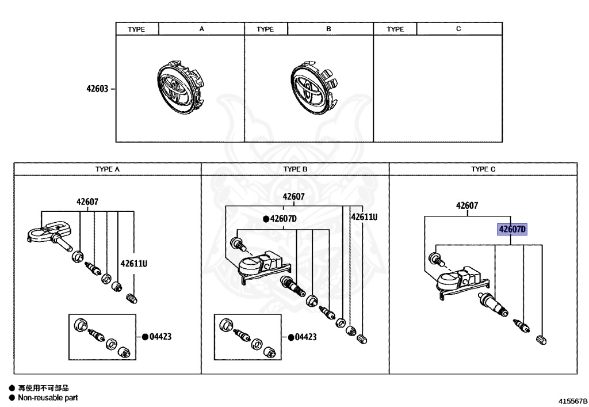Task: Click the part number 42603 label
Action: [97, 89]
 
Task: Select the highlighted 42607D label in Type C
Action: [512, 229]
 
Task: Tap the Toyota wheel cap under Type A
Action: [178, 89]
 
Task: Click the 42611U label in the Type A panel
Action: [133, 264]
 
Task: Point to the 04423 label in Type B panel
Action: [305, 337]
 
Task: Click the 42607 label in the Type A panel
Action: [87, 201]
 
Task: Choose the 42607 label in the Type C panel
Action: [467, 206]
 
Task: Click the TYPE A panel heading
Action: [108, 169]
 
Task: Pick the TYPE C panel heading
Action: [483, 169]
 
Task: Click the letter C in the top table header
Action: [458, 29]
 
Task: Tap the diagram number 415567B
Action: [572, 399]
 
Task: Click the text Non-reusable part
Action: [47, 398]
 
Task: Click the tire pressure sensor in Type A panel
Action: [49, 233]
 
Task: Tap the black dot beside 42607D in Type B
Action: [266, 219]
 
